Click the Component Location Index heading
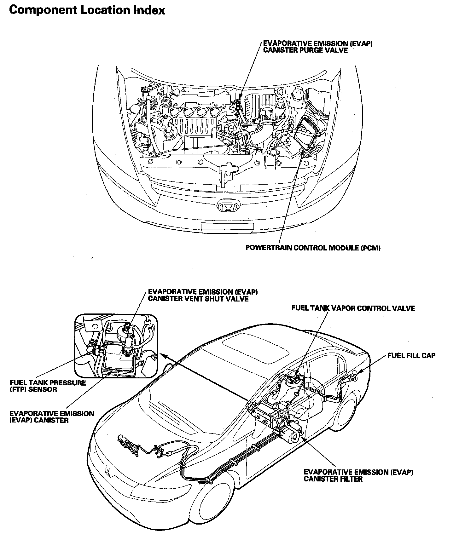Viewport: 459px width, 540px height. point(87,10)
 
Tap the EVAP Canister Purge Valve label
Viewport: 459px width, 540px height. point(317,47)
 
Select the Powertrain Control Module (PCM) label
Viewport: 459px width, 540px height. point(313,248)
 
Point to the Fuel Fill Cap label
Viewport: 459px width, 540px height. point(411,355)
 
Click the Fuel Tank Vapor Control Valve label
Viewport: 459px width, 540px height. point(353,308)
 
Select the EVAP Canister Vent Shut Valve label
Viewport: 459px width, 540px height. point(203,295)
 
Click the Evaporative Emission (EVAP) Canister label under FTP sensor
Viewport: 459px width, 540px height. point(52,417)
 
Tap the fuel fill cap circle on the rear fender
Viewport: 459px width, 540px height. point(355,376)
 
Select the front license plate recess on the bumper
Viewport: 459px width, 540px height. point(227,227)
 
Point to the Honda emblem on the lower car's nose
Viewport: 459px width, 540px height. point(108,471)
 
